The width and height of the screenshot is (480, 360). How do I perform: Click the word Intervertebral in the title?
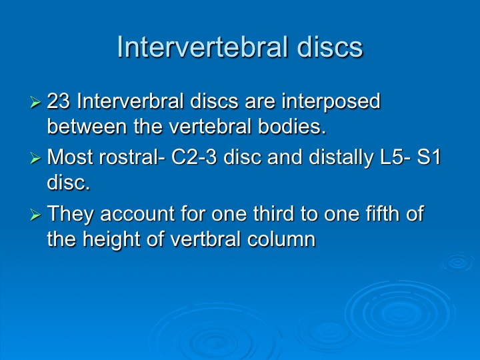[203, 47]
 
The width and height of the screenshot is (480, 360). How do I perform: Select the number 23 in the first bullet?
[59, 101]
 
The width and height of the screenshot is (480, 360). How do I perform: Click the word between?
[87, 126]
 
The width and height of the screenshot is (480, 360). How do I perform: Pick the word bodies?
[292, 126]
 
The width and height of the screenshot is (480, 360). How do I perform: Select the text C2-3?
[194, 157]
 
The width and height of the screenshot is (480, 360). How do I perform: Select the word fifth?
[383, 213]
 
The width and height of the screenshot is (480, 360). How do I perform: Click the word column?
[281, 239]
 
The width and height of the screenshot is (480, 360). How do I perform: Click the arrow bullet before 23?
[35, 102]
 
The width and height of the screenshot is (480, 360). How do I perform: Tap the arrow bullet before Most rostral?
[35, 159]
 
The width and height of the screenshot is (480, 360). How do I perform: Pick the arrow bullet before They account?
[35, 215]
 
